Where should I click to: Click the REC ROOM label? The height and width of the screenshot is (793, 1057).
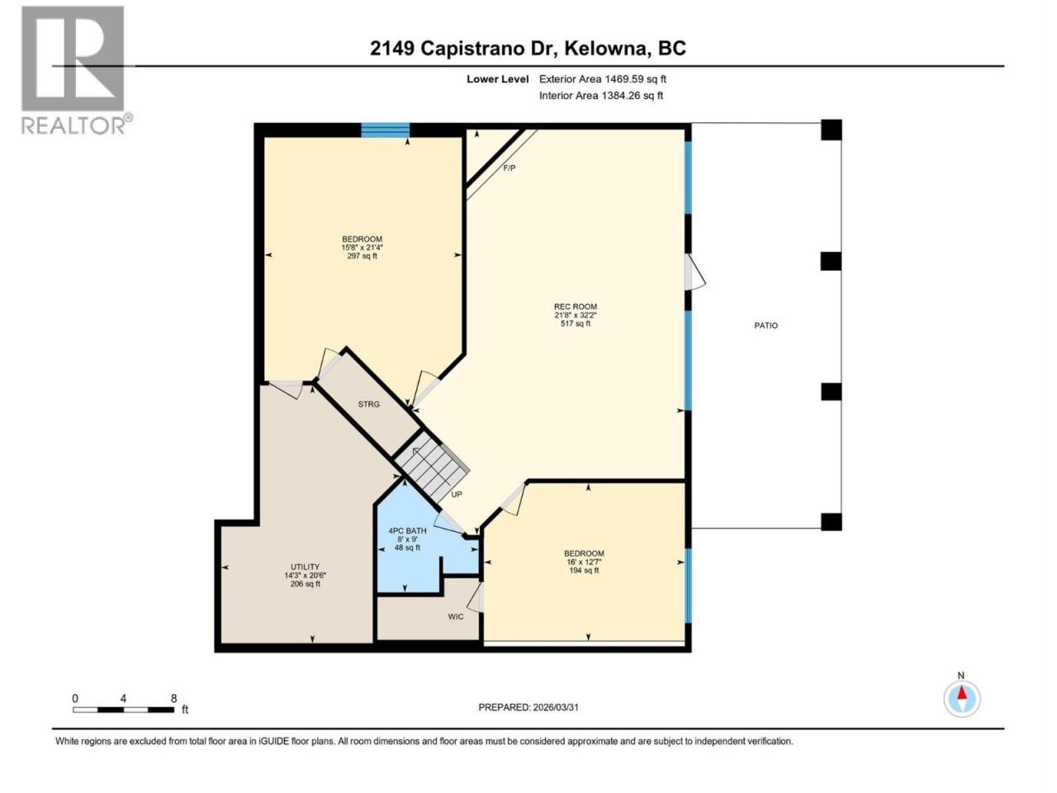click(575, 306)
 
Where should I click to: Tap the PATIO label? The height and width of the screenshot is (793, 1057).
click(765, 325)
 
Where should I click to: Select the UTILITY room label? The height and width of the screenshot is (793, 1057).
click(305, 567)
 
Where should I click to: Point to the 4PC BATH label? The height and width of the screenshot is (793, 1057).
click(407, 530)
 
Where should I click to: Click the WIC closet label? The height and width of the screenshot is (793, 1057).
click(456, 616)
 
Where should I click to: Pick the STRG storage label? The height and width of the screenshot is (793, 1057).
click(369, 404)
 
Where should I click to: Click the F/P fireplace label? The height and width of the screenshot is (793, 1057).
click(509, 168)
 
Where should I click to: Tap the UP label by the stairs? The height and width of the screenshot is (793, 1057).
click(457, 494)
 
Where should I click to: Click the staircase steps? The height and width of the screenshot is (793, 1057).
click(431, 466)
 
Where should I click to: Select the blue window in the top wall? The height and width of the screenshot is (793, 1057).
click(386, 130)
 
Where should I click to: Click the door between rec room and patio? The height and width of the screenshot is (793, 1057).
click(694, 273)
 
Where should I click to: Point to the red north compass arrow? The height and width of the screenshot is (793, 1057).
click(962, 693)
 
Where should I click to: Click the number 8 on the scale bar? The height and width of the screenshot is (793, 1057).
click(174, 698)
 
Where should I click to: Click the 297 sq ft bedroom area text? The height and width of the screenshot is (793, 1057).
click(363, 256)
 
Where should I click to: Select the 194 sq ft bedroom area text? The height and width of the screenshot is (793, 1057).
click(584, 570)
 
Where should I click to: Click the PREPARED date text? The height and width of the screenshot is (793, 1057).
click(528, 707)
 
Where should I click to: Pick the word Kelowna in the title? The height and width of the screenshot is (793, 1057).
click(604, 49)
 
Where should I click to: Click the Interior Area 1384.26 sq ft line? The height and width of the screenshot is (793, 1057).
click(601, 95)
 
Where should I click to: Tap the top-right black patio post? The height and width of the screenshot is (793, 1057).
click(832, 130)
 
